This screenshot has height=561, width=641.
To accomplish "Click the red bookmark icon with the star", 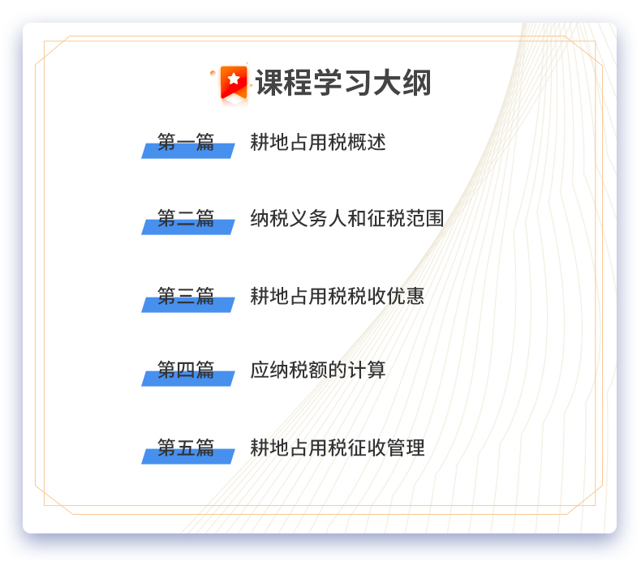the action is point(234,83).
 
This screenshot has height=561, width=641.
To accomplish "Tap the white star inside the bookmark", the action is point(234,79).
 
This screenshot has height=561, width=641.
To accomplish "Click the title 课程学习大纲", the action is point(343,83).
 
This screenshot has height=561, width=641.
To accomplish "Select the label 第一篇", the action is point(186,142).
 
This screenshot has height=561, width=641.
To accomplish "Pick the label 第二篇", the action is point(186,218).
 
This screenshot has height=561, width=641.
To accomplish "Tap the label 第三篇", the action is point(186,296).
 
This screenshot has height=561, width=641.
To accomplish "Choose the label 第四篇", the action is point(186,370).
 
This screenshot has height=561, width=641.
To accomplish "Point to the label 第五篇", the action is point(186,448).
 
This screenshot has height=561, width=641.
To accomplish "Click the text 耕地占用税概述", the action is point(318,142).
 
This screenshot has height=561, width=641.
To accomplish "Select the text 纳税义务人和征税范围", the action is point(347,218).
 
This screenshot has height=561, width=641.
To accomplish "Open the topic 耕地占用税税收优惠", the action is point(338,296).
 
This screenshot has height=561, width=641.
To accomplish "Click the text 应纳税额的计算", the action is point(318,370).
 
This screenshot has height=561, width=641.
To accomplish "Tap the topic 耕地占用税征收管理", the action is point(338,448).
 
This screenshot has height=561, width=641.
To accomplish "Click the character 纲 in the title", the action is point(417,83).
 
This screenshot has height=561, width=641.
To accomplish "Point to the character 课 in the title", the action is point(270,83).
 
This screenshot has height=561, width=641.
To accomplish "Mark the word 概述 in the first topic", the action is point(367,142).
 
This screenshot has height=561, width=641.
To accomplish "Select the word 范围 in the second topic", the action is point(425,218).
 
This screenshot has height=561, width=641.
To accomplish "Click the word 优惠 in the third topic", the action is point(406,296).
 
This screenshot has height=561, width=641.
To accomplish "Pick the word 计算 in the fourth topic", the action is point(367,370).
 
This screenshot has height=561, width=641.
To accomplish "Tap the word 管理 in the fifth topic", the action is point(406,448).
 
